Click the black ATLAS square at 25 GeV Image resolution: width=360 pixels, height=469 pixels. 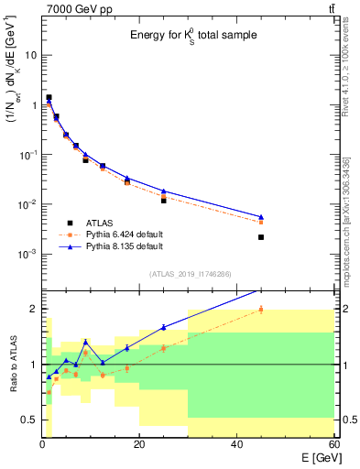163,200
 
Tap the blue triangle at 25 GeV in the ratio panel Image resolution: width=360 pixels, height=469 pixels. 163,327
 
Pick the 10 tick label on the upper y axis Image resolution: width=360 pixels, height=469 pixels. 29,55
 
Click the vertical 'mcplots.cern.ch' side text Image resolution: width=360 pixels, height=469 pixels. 351,220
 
